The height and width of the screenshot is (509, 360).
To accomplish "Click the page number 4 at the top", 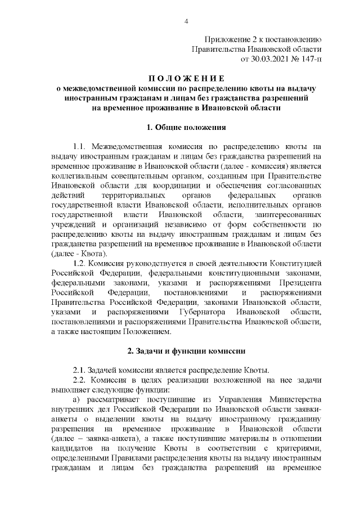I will [x=186, y=21].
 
